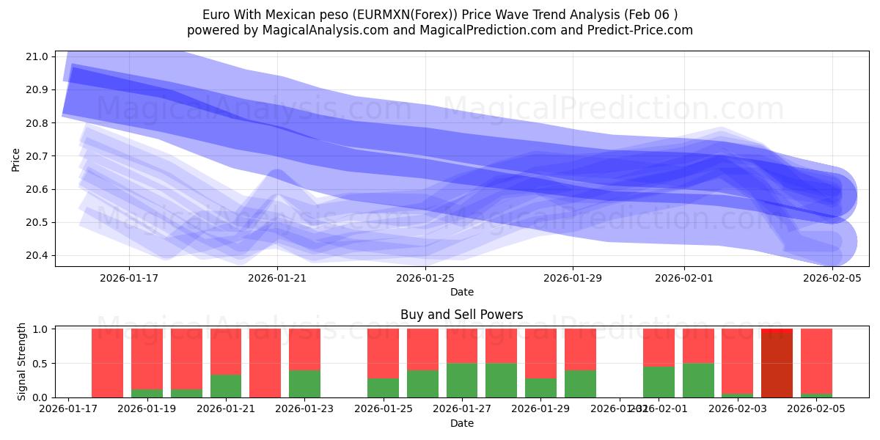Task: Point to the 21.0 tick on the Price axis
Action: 37,56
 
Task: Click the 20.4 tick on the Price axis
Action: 37,255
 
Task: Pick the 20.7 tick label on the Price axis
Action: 37,156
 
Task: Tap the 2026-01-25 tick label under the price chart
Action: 425,278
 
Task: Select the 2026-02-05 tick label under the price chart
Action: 832,278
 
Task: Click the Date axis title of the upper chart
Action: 462,292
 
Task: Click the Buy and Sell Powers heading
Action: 462,315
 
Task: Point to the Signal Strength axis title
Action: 22,362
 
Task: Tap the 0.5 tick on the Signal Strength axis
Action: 40,363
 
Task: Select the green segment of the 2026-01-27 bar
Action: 462,380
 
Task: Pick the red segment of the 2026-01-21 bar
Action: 226,351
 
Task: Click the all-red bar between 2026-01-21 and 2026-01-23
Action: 265,363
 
